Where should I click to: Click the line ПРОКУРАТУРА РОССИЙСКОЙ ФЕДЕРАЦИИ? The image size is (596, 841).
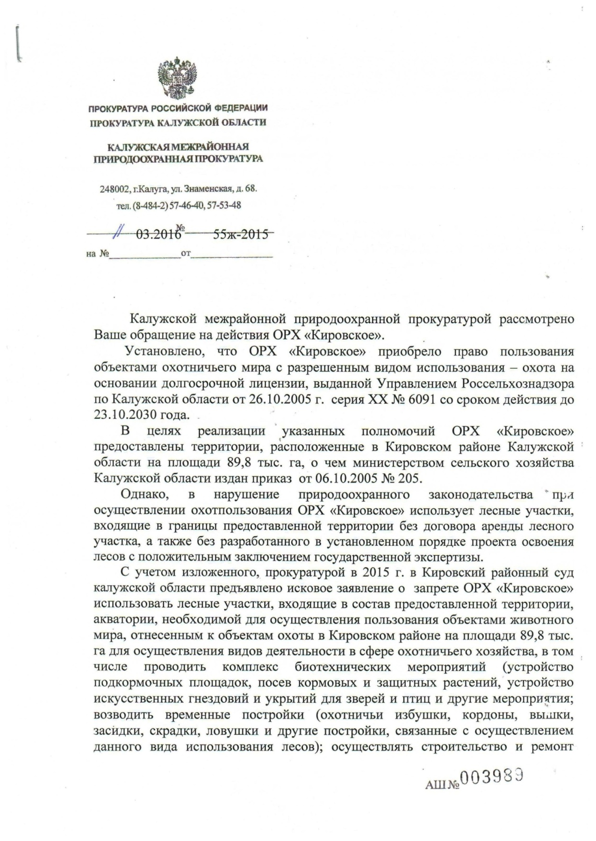pyautogui.click(x=178, y=109)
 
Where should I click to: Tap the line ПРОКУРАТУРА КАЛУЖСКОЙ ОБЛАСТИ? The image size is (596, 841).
pyautogui.click(x=178, y=123)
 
